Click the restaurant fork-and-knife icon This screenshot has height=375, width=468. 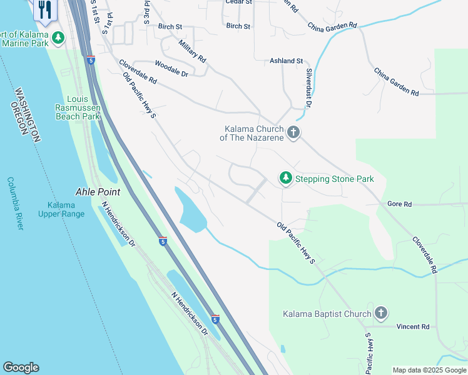[44, 8]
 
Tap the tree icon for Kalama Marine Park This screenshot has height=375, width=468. [58, 38]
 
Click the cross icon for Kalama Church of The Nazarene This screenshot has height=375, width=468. [293, 132]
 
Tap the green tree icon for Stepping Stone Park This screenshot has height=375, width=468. [285, 179]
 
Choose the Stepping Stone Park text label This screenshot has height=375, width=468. [335, 179]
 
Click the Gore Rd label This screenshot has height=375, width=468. [399, 204]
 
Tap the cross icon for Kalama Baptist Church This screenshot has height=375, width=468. [380, 313]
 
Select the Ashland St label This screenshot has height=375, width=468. [286, 61]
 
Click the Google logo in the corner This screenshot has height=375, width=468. [21, 367]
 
